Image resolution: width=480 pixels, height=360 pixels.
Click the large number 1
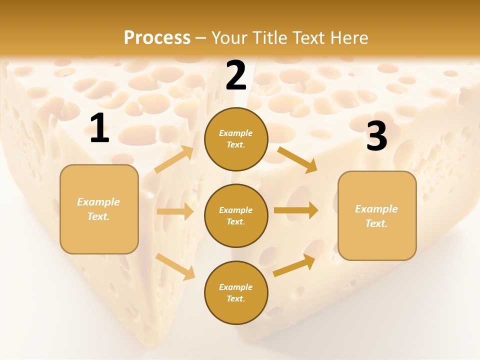tap(99, 128)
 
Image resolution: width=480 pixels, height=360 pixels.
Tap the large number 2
tap(236, 75)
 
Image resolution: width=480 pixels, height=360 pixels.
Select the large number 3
tap(376, 136)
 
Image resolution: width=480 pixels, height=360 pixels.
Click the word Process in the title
tap(157, 37)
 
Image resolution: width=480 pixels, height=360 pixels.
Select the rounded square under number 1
tap(99, 209)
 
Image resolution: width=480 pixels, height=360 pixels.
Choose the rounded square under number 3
tap(377, 215)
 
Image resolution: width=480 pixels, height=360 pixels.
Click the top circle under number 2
tap(236, 139)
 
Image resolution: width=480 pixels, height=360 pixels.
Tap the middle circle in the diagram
tap(236, 215)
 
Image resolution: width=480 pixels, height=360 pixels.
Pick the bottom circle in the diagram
tap(236, 292)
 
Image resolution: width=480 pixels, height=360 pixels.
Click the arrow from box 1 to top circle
tap(174, 159)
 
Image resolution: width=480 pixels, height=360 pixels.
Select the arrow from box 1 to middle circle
tap(175, 211)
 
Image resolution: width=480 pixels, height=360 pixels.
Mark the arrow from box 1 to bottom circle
tap(175, 266)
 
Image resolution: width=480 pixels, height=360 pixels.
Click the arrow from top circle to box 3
tap(297, 159)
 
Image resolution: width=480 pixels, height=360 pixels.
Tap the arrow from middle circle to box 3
tap(296, 210)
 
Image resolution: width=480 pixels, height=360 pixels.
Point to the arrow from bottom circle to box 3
tap(294, 265)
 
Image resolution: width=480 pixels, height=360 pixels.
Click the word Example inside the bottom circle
tap(236, 287)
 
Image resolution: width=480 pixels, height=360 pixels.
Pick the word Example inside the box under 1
tap(98, 202)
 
